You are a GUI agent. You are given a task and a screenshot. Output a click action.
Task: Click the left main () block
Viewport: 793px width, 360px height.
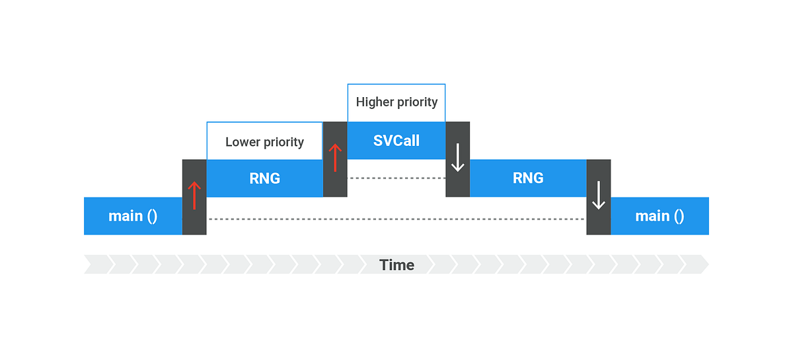(x=133, y=216)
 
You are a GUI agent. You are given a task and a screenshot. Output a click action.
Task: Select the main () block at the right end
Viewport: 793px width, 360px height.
(x=660, y=216)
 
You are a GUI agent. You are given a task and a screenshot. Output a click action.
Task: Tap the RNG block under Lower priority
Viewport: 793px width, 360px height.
(x=264, y=178)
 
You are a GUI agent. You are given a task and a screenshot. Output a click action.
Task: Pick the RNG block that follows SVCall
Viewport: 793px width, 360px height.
(x=528, y=178)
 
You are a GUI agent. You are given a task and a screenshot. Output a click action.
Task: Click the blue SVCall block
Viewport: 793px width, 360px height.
(x=396, y=141)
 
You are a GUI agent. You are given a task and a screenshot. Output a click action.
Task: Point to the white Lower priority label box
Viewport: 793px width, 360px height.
(x=264, y=141)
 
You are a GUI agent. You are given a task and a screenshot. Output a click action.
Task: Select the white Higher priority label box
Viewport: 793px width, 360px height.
(x=396, y=102)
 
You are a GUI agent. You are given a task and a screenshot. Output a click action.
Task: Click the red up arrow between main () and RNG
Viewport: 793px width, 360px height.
(x=194, y=196)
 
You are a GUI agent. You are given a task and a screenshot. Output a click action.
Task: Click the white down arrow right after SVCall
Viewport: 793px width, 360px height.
(x=457, y=159)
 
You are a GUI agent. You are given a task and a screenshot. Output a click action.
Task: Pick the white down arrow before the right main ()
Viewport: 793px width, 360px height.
(x=598, y=196)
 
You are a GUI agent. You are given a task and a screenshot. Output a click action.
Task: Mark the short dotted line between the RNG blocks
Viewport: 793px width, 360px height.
(x=396, y=178)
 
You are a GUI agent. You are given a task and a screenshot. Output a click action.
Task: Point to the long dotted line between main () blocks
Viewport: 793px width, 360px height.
(x=396, y=219)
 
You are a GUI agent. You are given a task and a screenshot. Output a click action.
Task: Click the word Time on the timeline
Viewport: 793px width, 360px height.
(x=397, y=266)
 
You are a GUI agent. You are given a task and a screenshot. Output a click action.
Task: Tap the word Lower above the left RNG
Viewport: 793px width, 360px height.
(x=241, y=142)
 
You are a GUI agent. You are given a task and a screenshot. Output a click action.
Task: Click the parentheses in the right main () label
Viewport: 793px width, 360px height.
(x=678, y=216)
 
